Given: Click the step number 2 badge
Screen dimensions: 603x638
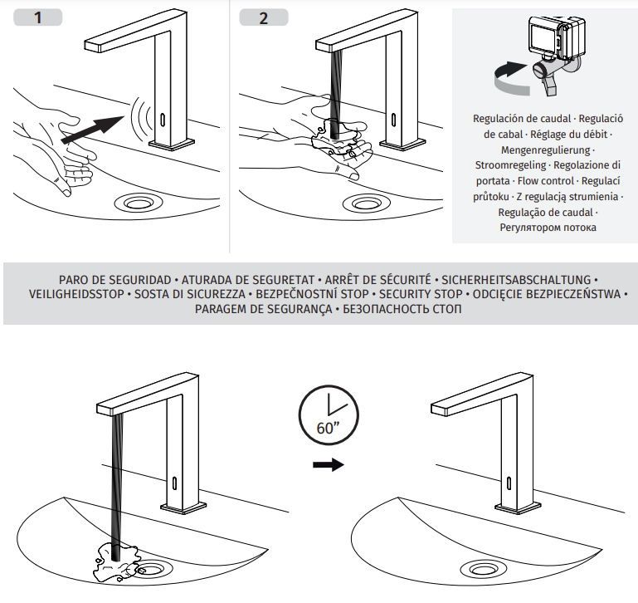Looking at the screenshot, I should [x=264, y=17].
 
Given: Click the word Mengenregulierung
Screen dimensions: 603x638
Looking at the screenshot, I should [x=547, y=150].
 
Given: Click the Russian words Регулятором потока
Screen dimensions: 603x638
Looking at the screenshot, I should [x=547, y=228].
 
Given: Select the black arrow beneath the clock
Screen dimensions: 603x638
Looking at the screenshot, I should [x=328, y=465].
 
